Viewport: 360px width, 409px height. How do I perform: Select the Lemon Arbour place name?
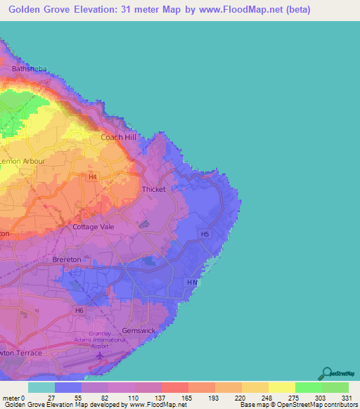tap(23, 161)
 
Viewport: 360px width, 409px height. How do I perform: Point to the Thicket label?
tap(154, 189)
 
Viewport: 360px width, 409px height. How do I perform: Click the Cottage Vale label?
tap(94, 227)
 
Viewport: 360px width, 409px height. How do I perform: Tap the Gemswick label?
tap(137, 330)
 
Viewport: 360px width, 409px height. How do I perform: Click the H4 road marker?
tap(92, 177)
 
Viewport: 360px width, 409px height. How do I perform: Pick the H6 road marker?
tap(79, 310)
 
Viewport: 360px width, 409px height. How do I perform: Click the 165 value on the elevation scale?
tap(187, 398)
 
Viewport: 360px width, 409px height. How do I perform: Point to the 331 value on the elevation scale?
tap(347, 398)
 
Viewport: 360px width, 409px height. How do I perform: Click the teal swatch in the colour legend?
tap(41, 387)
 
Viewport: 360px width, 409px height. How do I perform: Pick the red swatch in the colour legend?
tap(174, 387)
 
